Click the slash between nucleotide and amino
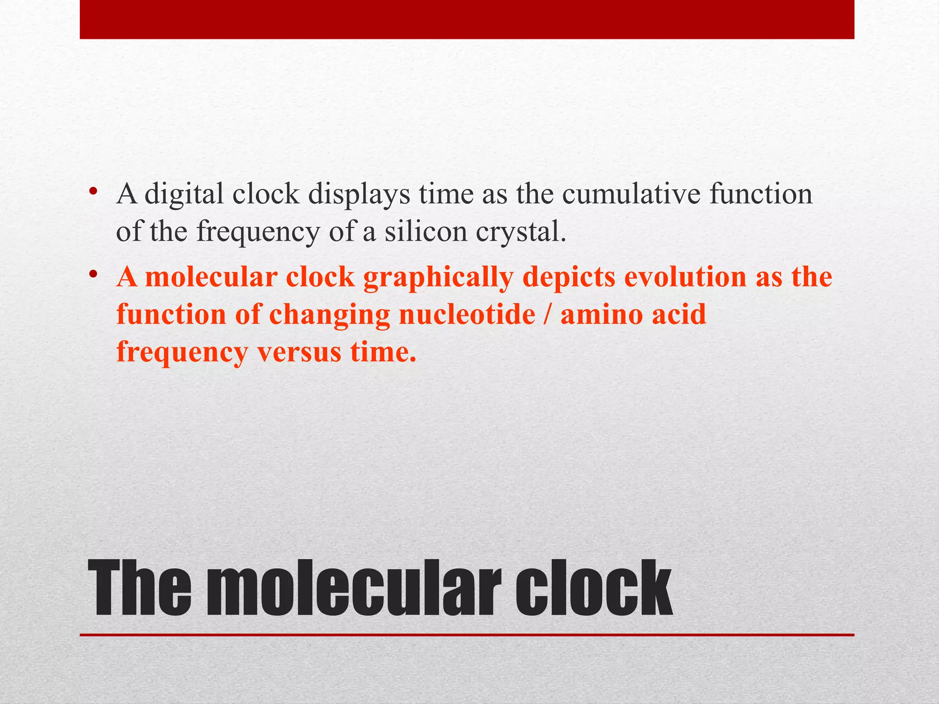coord(548,315)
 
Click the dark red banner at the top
coord(467,19)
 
